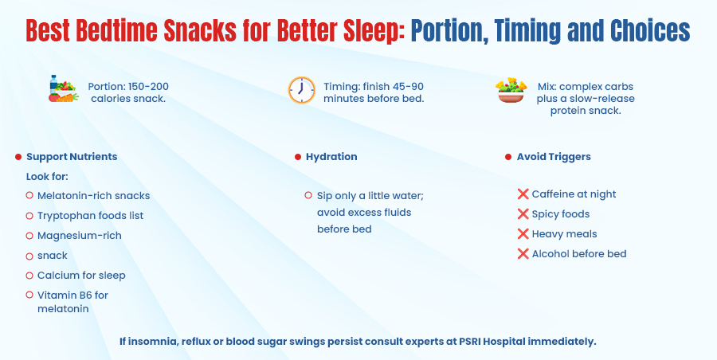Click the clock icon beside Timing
(301, 91)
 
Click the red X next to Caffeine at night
(523, 194)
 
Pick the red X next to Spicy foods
(523, 214)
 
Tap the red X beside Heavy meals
(523, 234)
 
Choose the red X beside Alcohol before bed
(523, 254)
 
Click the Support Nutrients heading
(72, 157)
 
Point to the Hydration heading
(331, 157)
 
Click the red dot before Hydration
(298, 158)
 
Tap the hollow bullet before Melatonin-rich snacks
(29, 196)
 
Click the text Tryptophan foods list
(90, 216)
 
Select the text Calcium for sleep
(81, 276)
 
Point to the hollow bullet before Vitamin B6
(29, 295)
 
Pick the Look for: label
(47, 176)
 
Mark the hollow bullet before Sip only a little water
(308, 196)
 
